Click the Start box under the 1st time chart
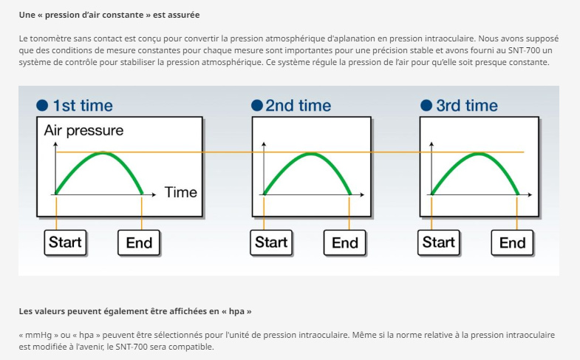click(65, 242)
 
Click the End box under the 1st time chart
click(139, 242)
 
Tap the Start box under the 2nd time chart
click(271, 242)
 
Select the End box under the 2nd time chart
click(345, 242)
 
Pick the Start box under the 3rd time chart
click(439, 242)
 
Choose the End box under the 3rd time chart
click(512, 242)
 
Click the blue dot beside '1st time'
click(42, 106)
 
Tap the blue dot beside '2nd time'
click(256, 106)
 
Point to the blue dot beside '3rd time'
click(426, 106)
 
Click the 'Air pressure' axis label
click(83, 131)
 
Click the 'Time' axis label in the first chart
click(181, 192)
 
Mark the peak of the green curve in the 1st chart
click(103, 153)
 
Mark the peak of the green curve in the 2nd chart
click(311, 154)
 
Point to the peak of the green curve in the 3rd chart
click(479, 154)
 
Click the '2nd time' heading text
click(298, 106)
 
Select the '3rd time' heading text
click(467, 106)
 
